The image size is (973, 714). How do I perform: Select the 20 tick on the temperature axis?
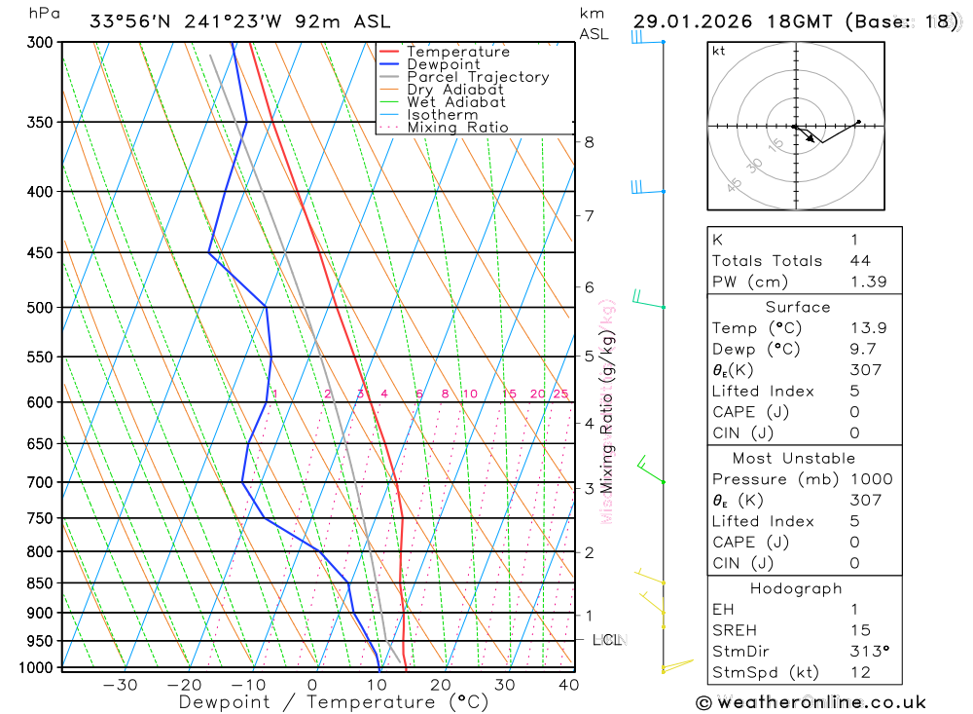click(x=440, y=685)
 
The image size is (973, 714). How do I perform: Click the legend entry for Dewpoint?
click(x=443, y=64)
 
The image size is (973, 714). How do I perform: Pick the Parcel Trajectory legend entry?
click(x=478, y=77)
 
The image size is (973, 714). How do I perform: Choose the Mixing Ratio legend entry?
click(x=457, y=128)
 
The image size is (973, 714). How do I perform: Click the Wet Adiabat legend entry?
click(x=455, y=102)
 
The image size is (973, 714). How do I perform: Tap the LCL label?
click(x=607, y=640)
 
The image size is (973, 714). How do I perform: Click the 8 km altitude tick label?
click(x=589, y=142)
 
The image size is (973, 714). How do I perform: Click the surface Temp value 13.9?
click(x=867, y=328)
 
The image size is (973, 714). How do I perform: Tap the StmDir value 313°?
click(x=868, y=652)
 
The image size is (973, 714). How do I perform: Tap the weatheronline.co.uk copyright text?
click(x=811, y=702)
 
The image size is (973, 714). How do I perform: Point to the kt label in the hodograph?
click(x=718, y=51)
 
